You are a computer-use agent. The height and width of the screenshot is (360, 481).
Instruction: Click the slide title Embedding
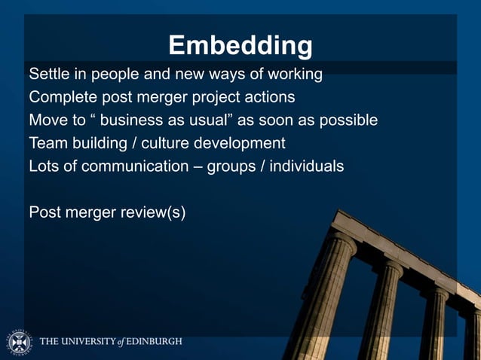click(240, 46)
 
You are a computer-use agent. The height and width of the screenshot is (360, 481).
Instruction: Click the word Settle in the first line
click(47, 75)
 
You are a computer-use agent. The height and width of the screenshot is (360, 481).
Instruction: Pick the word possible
click(350, 120)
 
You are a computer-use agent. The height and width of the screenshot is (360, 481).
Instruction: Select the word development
click(240, 143)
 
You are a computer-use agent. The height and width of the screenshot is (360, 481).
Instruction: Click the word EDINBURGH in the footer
click(155, 342)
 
